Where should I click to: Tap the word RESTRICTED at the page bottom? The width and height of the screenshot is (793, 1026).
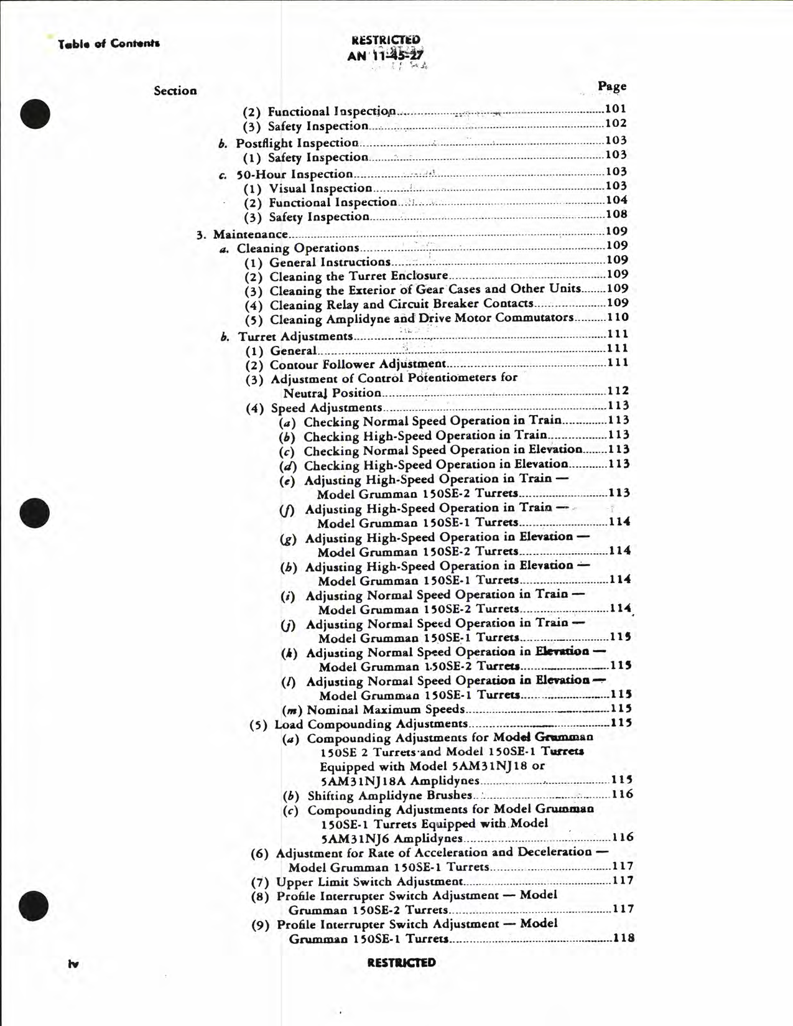point(401,962)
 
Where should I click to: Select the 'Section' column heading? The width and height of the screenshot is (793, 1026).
point(175,91)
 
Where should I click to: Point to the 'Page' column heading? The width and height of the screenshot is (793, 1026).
point(612,86)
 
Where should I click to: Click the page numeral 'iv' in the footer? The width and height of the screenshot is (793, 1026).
point(73,964)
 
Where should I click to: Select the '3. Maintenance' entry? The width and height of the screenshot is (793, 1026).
point(250,235)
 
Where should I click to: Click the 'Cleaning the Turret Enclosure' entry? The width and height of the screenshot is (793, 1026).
point(358,276)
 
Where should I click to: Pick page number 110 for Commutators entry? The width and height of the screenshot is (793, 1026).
point(618,317)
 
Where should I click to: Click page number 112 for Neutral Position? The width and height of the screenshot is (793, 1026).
point(618,391)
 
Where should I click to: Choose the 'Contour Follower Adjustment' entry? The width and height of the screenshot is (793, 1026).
point(357,364)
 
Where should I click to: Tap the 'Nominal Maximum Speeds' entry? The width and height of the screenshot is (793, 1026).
point(386,709)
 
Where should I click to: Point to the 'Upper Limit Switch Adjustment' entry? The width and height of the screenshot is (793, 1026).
point(369,881)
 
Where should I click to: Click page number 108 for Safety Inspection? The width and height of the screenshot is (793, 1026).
point(616,215)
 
